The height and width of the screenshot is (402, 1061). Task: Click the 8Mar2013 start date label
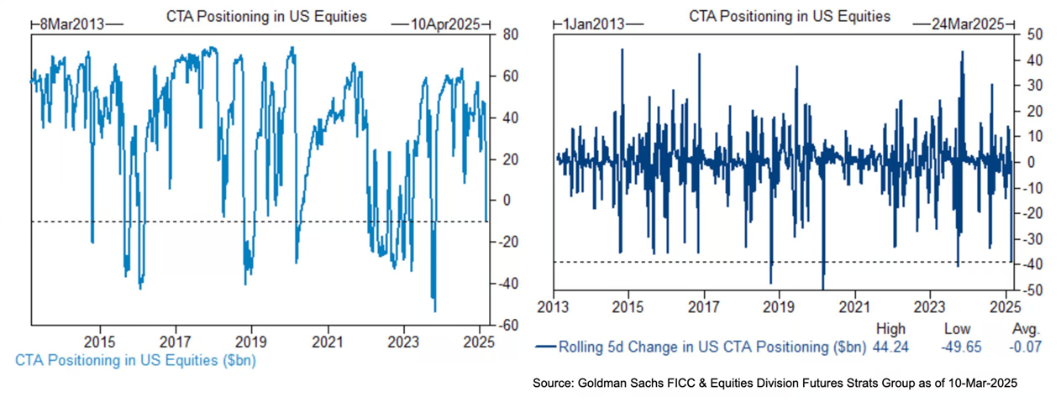pyautogui.click(x=73, y=24)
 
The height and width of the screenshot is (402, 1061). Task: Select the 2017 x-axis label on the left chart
pyautogui.click(x=176, y=342)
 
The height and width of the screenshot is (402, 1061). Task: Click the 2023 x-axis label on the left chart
pyautogui.click(x=403, y=342)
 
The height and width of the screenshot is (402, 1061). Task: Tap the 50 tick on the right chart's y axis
pyautogui.click(x=1026, y=34)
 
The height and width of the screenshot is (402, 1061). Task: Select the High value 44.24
pyautogui.click(x=890, y=346)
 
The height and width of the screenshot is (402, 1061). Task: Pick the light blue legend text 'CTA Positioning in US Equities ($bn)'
pyautogui.click(x=136, y=361)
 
